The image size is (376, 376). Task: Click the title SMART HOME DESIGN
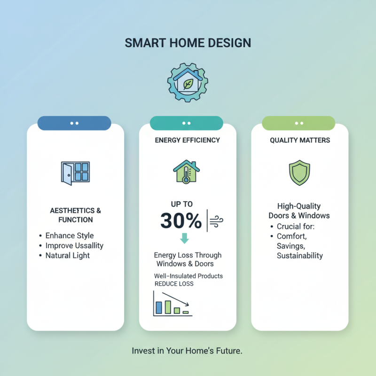(188, 43)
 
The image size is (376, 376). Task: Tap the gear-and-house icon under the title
(188, 83)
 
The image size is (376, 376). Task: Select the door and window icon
(75, 172)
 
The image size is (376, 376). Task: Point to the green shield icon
(299, 172)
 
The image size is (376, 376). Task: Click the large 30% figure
(181, 220)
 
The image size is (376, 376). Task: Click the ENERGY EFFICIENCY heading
(188, 140)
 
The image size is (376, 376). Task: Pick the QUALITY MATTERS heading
(300, 140)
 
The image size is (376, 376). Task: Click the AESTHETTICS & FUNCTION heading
(75, 215)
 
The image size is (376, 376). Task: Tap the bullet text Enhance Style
(69, 235)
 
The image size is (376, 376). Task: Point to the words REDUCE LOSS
(174, 284)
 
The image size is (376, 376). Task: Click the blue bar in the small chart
(158, 307)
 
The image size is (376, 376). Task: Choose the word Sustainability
(300, 256)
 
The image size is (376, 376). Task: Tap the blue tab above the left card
(74, 123)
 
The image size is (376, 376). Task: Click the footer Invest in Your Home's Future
(187, 351)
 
